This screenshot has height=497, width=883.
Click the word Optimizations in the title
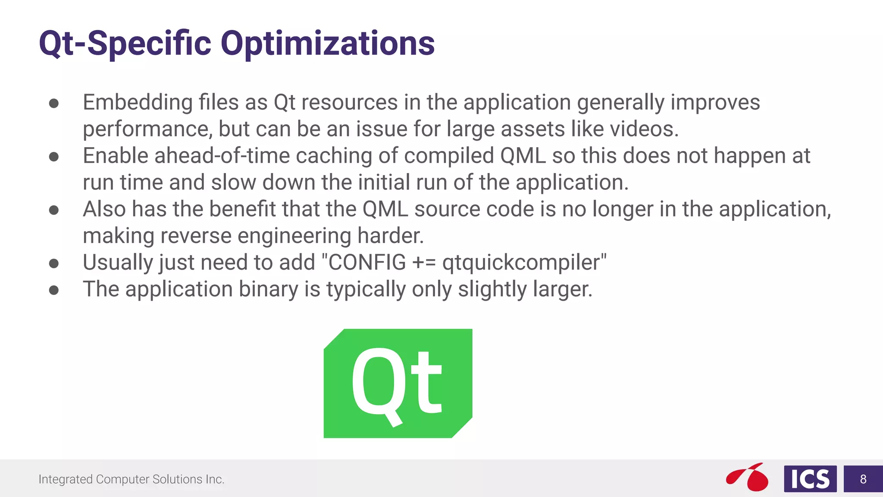point(328,44)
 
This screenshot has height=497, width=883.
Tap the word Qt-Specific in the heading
point(125,44)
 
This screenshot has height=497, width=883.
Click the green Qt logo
point(398,383)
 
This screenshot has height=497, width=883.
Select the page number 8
point(863,479)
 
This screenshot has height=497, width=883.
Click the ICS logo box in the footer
point(810,479)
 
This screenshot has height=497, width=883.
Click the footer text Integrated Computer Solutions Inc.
point(132,479)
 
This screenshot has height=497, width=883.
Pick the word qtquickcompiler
point(521,262)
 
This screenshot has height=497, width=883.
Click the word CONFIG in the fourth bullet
point(367,262)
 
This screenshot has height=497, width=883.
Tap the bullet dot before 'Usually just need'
point(54,263)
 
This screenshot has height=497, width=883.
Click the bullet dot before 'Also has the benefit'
point(54,210)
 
